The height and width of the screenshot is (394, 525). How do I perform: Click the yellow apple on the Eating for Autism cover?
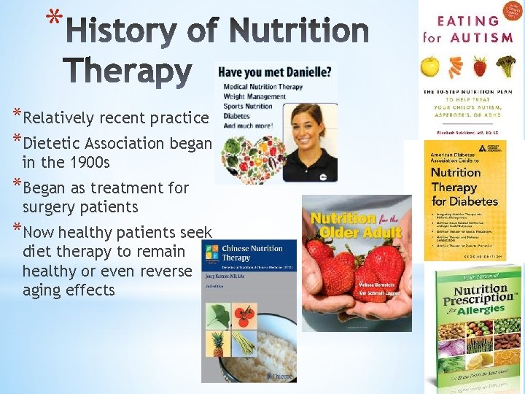coord(432,69)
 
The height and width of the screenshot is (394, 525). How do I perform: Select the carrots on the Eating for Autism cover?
coord(455,68)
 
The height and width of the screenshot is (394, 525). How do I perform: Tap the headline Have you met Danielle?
coord(277,72)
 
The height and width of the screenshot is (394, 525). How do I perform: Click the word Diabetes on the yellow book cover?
coord(472,200)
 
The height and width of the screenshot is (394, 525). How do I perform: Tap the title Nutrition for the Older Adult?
coord(357,225)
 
